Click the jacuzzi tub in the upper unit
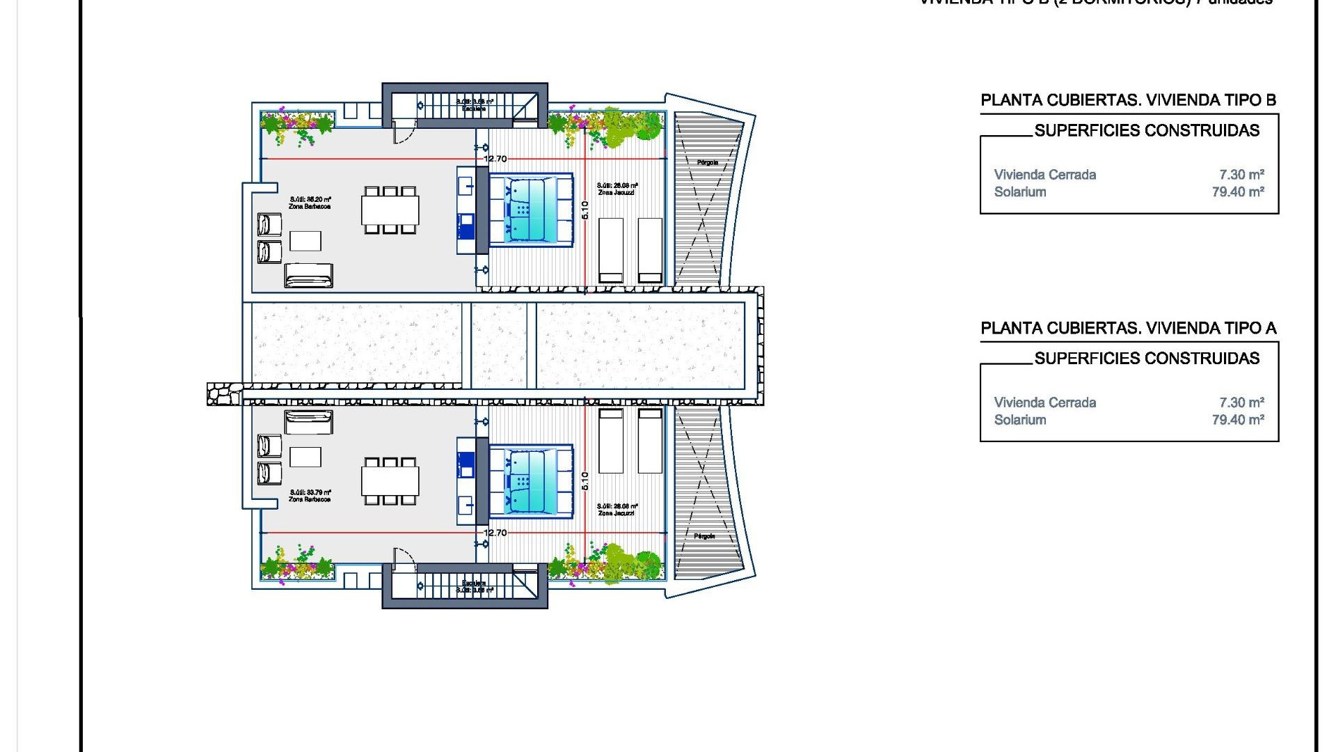(x=530, y=210)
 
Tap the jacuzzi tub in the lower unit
(x=530, y=480)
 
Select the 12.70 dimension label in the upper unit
(x=495, y=159)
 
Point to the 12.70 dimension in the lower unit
(x=495, y=533)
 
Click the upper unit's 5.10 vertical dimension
(x=585, y=210)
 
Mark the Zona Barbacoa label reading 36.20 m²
(x=310, y=203)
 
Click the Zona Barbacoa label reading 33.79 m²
(x=310, y=495)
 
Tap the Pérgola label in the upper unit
(x=707, y=162)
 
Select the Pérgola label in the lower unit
(x=704, y=536)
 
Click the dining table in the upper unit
(x=390, y=210)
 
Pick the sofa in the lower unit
(x=308, y=422)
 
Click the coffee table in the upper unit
(x=305, y=241)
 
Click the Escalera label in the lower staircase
(x=474, y=583)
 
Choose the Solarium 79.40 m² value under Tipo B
(x=1237, y=192)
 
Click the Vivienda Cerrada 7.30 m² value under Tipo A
(x=1241, y=402)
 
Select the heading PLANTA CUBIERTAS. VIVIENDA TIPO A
(x=1128, y=328)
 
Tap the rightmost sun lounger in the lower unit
(x=650, y=441)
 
